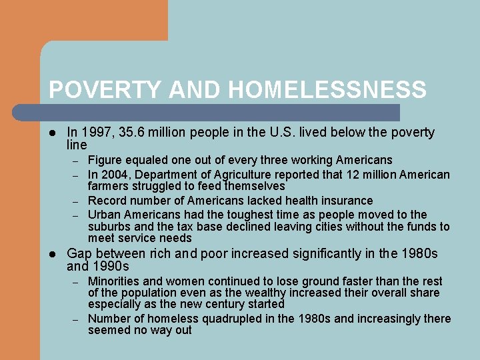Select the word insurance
(344, 201)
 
